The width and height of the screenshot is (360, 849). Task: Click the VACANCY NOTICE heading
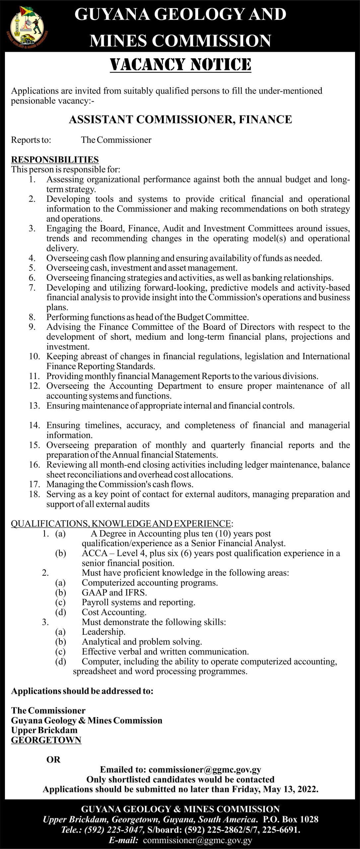[x=180, y=65]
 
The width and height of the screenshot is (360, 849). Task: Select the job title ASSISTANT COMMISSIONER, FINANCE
[x=180, y=119]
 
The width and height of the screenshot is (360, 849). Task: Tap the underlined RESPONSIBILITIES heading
[x=55, y=160]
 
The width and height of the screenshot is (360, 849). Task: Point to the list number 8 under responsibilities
[x=32, y=317]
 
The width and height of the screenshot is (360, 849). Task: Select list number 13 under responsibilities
[x=34, y=406]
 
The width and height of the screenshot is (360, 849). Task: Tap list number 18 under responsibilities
[x=34, y=494]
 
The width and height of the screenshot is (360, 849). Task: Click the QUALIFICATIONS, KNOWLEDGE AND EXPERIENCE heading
[x=121, y=523]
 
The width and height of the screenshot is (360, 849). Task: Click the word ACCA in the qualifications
[x=95, y=553]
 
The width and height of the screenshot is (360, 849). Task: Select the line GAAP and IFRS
[x=114, y=592]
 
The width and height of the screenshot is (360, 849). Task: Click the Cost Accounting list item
[x=114, y=612]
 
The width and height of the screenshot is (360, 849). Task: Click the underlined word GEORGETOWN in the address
[x=46, y=740]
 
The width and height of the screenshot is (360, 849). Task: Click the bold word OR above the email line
[x=53, y=759]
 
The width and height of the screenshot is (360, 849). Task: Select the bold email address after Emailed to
[x=205, y=770]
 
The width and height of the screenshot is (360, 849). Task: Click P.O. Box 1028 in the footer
[x=290, y=819]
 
